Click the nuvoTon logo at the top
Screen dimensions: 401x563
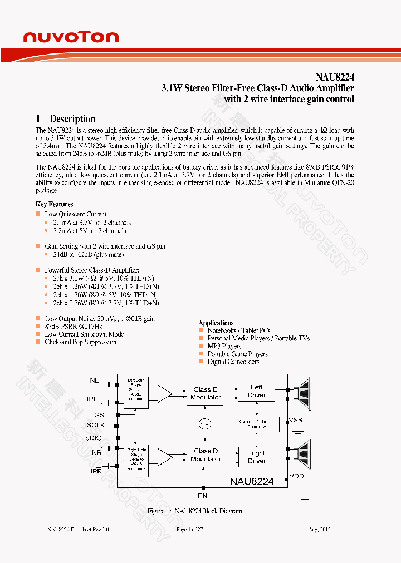71,37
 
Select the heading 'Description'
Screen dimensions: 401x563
72,119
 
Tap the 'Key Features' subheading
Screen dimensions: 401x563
54,204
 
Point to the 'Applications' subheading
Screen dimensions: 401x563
216,323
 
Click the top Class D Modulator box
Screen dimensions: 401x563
206,393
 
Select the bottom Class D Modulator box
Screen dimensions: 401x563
206,455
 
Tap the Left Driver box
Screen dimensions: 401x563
257,391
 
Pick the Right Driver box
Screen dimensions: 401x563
257,457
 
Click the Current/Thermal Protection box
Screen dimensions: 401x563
257,424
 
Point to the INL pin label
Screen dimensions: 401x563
93,381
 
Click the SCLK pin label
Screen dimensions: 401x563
95,426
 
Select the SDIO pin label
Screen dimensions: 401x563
94,438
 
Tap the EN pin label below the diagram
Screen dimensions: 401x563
203,496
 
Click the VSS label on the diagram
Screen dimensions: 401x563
296,420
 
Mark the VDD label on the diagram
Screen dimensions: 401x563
296,477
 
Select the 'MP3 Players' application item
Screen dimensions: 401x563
224,346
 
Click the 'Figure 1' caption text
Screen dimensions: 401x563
194,511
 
